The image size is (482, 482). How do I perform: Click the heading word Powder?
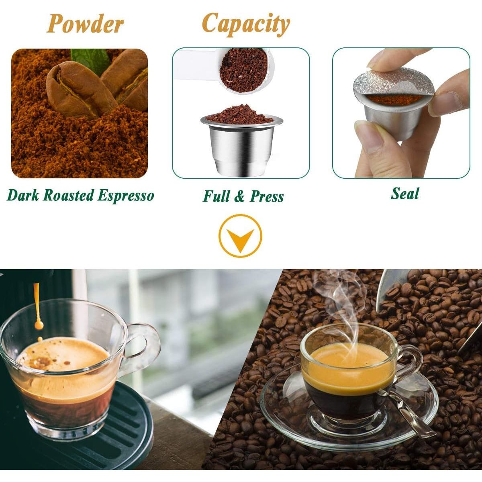coord(85,24)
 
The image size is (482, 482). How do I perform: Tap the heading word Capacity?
coord(246,24)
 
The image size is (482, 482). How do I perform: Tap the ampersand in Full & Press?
coord(240,196)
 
